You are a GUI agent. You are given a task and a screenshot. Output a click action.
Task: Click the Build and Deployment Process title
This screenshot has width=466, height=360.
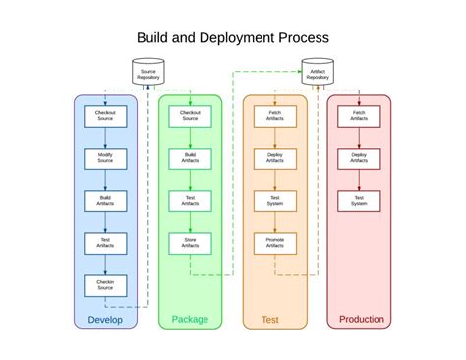(x=232, y=38)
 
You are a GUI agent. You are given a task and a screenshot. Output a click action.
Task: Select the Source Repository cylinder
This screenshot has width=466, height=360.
(x=147, y=72)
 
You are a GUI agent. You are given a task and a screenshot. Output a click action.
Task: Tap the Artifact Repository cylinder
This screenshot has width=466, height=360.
(x=318, y=72)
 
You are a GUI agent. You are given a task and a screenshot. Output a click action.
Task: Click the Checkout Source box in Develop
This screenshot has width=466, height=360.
(x=105, y=116)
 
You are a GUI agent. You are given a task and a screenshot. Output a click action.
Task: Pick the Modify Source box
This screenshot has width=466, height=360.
(x=105, y=158)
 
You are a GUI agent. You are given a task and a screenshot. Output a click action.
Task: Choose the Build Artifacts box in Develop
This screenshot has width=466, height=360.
(x=105, y=201)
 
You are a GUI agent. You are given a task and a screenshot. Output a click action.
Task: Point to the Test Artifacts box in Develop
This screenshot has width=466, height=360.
(x=105, y=243)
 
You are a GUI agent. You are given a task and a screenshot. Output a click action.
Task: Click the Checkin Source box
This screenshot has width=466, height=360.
(x=105, y=285)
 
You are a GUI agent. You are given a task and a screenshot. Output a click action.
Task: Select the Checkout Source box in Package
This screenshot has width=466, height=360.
(x=190, y=116)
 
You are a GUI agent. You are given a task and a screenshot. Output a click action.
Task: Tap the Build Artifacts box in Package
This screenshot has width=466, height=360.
(x=190, y=158)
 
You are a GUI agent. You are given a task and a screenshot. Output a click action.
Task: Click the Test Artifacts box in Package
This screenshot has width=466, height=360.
(x=190, y=201)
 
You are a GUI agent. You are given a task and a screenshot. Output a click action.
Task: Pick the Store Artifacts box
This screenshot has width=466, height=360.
(x=190, y=243)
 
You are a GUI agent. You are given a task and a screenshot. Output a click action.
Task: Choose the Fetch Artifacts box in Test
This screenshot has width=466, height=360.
(x=275, y=116)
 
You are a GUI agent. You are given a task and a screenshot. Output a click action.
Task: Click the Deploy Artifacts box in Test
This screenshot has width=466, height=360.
(x=275, y=158)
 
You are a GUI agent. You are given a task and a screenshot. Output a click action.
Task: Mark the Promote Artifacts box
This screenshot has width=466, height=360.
(x=275, y=243)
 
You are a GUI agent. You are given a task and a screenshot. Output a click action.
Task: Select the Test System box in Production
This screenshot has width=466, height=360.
(x=359, y=201)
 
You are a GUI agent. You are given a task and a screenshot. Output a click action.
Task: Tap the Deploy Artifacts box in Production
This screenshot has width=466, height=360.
(x=359, y=158)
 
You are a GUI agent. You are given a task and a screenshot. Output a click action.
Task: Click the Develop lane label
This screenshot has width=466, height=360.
(x=105, y=319)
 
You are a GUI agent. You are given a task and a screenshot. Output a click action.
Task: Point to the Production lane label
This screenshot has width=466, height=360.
(x=361, y=319)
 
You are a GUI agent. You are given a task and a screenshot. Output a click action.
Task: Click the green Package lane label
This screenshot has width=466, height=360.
(x=190, y=319)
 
